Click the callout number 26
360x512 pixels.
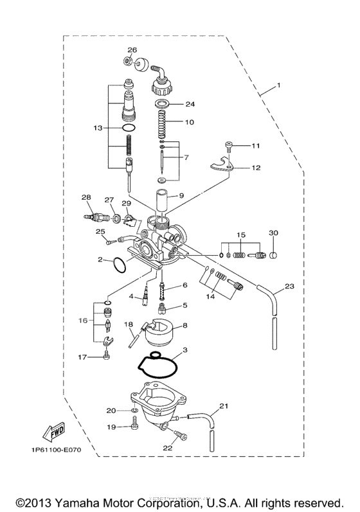[x=132, y=50]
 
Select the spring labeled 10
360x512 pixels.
[x=162, y=122]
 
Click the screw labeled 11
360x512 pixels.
[x=229, y=147]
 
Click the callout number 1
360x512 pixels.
[x=279, y=85]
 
